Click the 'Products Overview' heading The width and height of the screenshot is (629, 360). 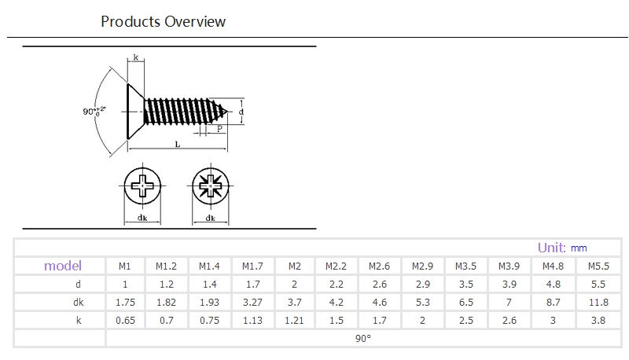pos(163,22)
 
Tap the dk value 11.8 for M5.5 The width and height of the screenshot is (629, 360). pos(598,303)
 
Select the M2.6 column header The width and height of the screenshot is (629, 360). pos(379,266)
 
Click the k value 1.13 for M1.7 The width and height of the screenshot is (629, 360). pos(252,321)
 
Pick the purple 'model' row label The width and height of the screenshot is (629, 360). pos(63,266)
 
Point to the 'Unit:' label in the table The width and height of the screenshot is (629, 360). pos(552,248)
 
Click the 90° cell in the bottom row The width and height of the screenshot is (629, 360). pos(363,338)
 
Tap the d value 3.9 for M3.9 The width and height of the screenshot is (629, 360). pos(509,285)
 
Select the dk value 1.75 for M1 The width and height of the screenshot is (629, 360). pos(125,303)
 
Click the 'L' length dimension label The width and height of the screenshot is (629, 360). pos(178,145)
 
